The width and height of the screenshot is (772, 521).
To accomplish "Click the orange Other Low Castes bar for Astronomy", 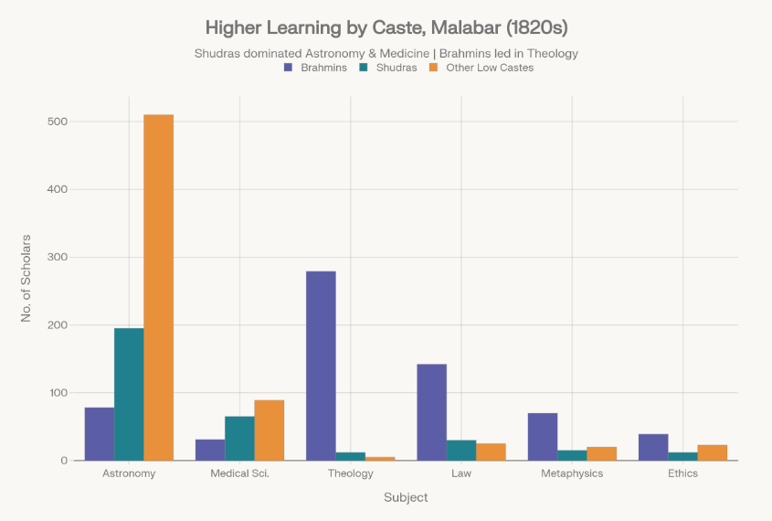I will coord(159,287).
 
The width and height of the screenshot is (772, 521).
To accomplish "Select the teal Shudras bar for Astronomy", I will coord(129,394).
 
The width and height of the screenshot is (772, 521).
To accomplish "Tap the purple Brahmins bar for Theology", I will coord(321,366).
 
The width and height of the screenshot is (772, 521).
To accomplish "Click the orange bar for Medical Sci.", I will coord(270,431).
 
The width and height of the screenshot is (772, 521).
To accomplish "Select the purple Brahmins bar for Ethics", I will coord(653,447).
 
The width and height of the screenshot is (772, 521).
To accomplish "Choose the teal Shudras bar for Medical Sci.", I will coord(239,439).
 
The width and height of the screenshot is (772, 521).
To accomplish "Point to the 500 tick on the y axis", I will coord(57,122).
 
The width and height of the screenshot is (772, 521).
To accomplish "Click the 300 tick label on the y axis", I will coord(57,258).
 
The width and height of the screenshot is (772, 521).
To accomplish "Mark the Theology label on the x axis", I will coord(351,473).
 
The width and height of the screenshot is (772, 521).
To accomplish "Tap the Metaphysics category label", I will coord(572,473).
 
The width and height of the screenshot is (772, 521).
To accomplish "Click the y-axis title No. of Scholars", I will coord(26,279).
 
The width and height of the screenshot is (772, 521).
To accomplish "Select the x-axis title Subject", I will coord(406,498).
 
